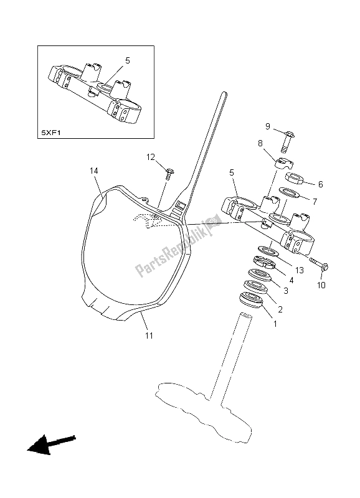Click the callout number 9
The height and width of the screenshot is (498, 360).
267,126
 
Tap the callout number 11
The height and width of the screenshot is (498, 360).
149,336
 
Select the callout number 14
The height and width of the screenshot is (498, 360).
94,171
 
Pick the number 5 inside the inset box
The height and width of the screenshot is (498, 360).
127,61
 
